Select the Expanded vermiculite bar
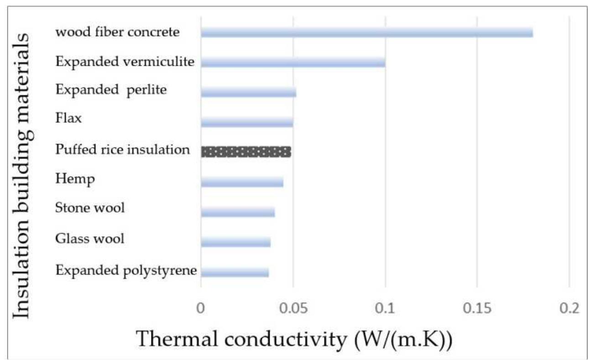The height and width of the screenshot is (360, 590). pos(293,62)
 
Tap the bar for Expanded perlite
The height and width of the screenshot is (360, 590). pos(248,92)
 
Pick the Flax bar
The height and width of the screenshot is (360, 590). pos(247,122)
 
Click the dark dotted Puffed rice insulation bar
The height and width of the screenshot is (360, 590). pos(246,152)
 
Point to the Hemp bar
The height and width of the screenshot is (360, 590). pos(242,182)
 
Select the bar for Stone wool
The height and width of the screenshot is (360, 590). pos(238,212)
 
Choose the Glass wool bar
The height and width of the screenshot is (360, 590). pos(235,242)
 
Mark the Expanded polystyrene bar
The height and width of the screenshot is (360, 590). pos(235,272)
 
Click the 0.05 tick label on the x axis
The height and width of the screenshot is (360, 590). pos(293,309)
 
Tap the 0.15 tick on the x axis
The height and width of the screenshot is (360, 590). pos(477,309)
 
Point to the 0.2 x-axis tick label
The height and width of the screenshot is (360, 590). pos(569,309)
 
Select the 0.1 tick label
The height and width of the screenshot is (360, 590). pos(386,309)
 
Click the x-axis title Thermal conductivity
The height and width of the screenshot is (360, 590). pos(294,339)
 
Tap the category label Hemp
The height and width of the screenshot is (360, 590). pos(75,179)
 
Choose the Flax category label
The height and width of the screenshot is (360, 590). pos(68,119)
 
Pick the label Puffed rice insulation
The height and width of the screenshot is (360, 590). pos(122,149)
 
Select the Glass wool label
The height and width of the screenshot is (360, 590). pos(89,238)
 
